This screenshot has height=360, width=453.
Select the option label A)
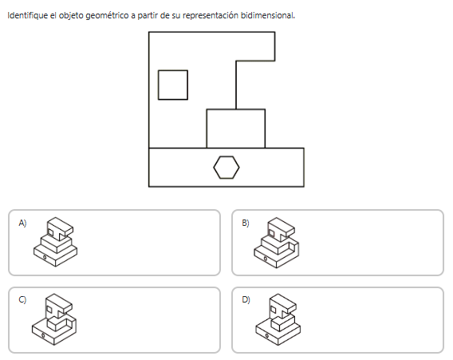tap(22, 223)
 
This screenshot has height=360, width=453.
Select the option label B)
tap(246, 223)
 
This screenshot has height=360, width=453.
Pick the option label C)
tap(22, 299)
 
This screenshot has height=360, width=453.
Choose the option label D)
tap(246, 299)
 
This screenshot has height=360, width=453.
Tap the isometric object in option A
tap(55, 242)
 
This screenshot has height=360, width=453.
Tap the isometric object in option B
tap(277, 243)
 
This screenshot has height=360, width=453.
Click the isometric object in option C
tap(54, 319)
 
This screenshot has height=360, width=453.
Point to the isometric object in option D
tap(278, 319)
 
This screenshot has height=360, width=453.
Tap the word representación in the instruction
tap(211, 15)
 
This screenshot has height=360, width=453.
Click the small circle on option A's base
tap(45, 257)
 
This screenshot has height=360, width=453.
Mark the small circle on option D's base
tap(266, 336)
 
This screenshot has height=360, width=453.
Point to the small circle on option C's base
tap(43, 335)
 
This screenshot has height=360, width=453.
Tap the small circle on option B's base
tap(266, 258)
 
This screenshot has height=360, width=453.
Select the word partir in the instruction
tap(148, 15)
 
